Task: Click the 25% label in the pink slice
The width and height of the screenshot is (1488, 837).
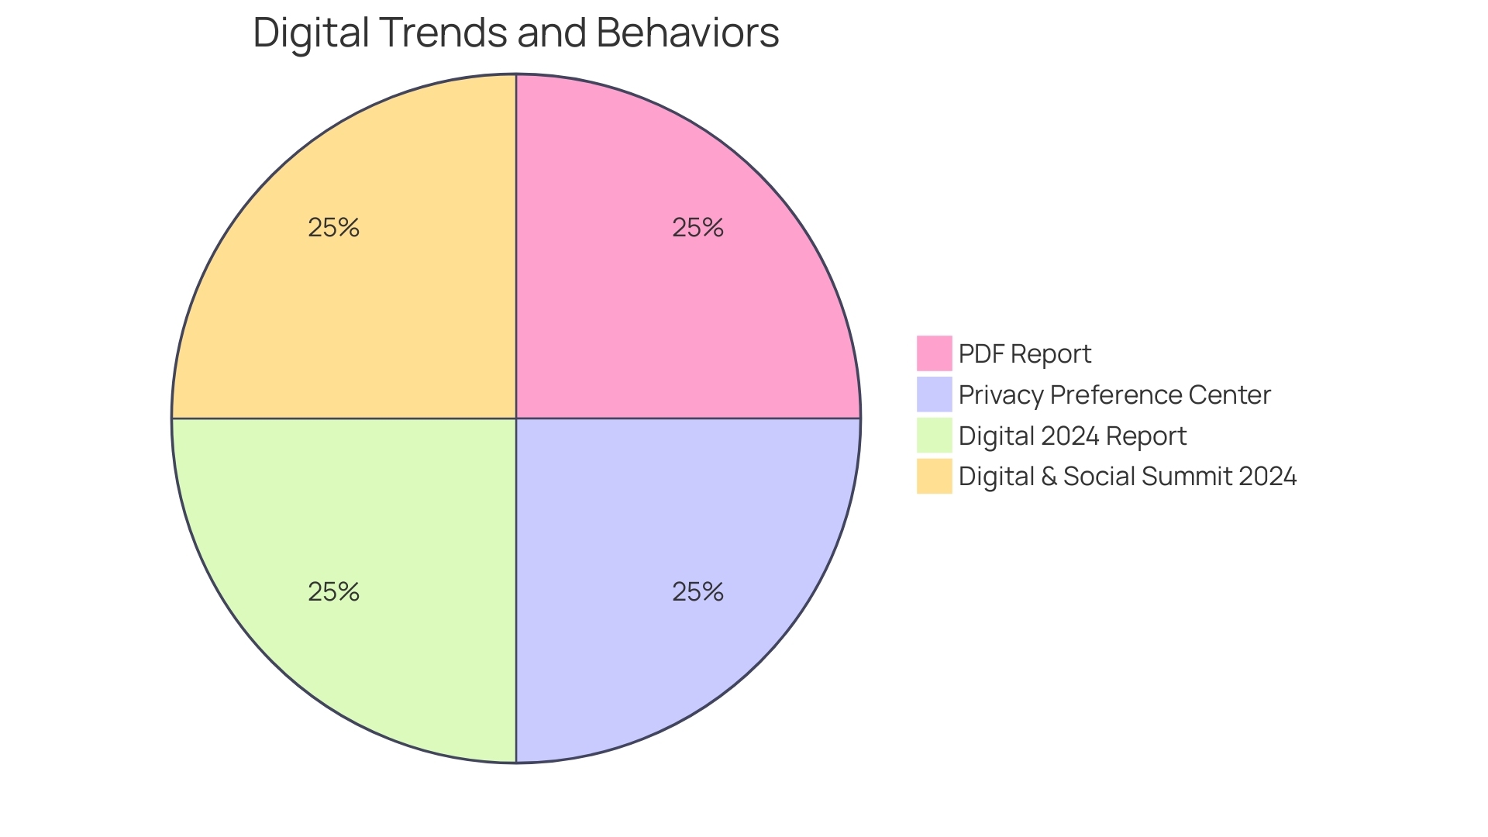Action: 697,227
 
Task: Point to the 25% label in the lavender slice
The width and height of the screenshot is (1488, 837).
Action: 697,592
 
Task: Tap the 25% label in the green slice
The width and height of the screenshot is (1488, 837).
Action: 333,592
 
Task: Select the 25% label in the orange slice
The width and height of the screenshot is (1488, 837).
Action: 333,227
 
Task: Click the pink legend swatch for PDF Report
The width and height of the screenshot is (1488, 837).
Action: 934,353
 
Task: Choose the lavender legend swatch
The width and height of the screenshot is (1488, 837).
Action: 934,394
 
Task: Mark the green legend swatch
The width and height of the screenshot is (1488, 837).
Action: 934,435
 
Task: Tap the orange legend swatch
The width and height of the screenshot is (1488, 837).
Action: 934,476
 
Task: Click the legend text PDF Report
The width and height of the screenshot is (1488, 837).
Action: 1025,353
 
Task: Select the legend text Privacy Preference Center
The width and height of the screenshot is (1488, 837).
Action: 1114,394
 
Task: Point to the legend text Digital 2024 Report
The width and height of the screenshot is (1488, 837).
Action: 1072,436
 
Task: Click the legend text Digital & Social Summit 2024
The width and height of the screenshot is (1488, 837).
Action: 1128,476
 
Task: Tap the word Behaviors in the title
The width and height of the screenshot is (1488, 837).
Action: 687,33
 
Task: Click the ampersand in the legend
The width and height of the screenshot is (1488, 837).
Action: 1049,476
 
